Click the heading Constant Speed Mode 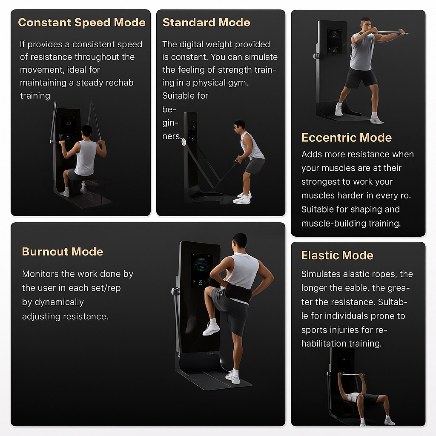81,23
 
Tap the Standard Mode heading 206,23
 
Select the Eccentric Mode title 346,138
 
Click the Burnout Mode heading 62,252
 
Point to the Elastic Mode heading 337,255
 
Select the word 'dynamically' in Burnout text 53,302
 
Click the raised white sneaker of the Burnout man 211,328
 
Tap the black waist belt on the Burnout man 238,293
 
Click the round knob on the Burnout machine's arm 174,292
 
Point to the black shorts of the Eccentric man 360,78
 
